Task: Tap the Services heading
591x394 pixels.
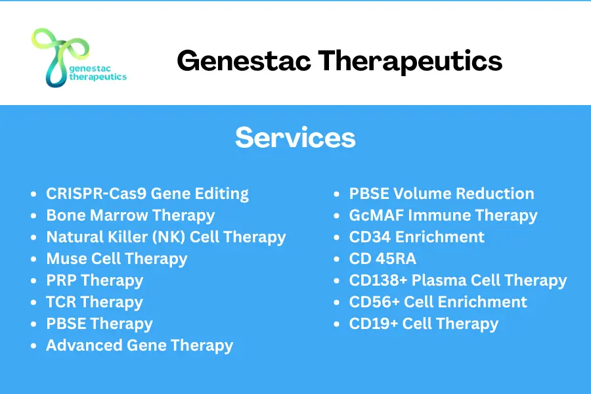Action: (295, 137)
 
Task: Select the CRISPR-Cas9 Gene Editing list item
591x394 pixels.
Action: (147, 194)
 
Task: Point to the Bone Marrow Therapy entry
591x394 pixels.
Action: (130, 215)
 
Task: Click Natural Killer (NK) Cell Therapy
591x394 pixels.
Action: (165, 237)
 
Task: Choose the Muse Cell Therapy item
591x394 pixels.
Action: (116, 259)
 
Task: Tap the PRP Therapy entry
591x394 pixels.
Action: (95, 280)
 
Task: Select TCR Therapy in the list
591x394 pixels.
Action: (94, 302)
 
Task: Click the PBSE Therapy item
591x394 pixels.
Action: (99, 324)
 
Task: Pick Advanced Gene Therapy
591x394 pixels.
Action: (139, 345)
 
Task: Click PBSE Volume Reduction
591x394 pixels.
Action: (441, 194)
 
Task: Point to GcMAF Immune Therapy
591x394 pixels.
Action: (443, 215)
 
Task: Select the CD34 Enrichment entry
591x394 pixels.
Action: (416, 237)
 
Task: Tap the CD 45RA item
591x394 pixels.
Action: (382, 259)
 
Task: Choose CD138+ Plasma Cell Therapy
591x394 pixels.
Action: (458, 280)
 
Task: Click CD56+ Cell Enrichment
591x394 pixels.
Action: (438, 302)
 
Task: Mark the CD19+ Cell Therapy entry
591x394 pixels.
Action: (424, 324)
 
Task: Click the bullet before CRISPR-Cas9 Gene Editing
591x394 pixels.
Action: (34, 195)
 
